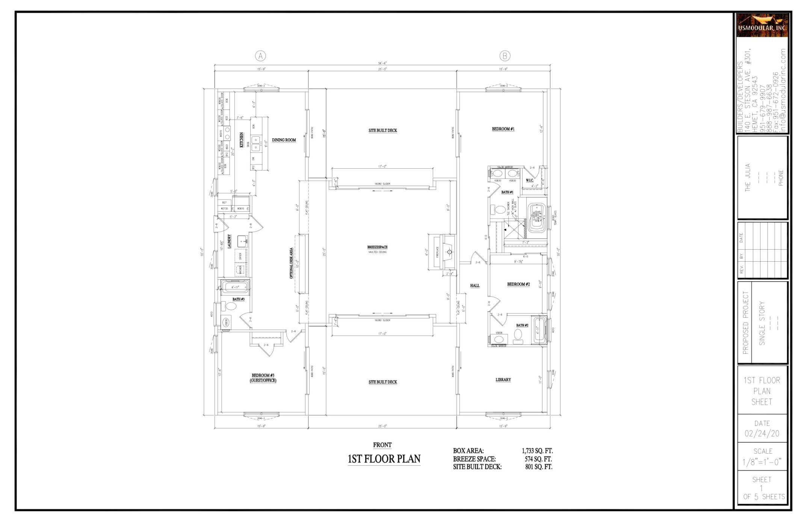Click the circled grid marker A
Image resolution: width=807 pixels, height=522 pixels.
(x=260, y=56)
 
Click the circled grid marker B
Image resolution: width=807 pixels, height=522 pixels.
(x=505, y=56)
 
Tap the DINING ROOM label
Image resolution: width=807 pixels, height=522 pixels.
(x=284, y=140)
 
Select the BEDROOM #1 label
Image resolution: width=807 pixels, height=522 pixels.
(x=503, y=129)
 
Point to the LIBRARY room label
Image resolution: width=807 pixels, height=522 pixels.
(x=503, y=380)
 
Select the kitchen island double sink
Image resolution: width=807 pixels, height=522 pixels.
(x=256, y=143)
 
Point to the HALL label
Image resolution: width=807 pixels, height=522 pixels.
(x=475, y=286)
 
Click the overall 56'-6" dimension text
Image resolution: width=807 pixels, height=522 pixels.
(x=382, y=63)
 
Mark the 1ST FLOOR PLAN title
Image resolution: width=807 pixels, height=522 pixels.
(x=384, y=459)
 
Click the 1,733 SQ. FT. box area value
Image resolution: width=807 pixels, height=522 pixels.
(x=537, y=451)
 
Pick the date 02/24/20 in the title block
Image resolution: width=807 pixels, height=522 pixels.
(x=762, y=434)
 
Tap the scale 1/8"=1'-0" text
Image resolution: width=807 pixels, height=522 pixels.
(x=762, y=462)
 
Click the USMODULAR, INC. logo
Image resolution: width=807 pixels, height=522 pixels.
(x=762, y=26)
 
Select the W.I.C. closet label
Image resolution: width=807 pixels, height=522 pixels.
(x=529, y=180)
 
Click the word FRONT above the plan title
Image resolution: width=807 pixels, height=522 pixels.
(x=382, y=445)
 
